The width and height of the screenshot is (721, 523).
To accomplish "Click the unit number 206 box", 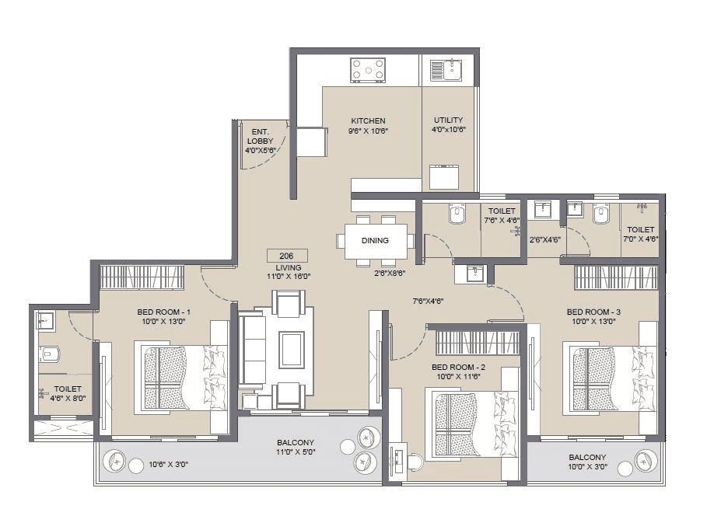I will click(x=287, y=256).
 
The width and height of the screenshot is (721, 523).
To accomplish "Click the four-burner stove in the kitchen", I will click(x=368, y=69).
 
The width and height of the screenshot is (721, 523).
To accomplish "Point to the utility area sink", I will click(x=446, y=69).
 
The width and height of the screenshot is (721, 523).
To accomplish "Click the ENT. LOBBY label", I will click(x=260, y=136).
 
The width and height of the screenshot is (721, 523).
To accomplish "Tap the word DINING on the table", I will click(x=375, y=241).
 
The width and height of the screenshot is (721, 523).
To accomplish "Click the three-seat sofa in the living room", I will click(x=252, y=349).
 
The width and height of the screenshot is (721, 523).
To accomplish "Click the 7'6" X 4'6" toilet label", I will click(x=502, y=215).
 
